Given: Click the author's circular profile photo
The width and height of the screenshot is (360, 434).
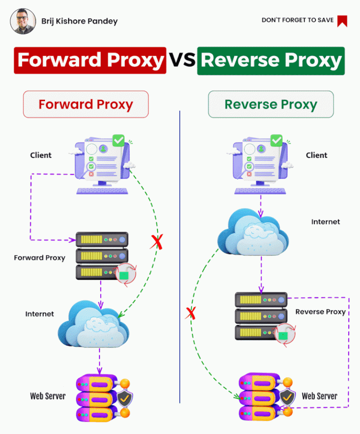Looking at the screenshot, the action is click(23, 21).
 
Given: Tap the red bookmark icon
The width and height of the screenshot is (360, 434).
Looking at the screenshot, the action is click(342, 21).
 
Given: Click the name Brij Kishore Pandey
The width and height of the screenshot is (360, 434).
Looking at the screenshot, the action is click(80, 21).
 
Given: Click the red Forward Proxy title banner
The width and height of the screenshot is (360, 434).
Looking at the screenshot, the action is click(90, 60).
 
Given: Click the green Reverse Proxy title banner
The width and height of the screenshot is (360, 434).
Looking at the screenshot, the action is click(271, 61).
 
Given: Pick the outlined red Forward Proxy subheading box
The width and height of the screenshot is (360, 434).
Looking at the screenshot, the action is click(86, 105).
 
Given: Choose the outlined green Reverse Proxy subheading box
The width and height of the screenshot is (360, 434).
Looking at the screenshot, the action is click(271, 105).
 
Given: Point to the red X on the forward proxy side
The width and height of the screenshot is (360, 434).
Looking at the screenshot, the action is click(157, 242).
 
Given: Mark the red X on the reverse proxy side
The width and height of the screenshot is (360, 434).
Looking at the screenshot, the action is click(190, 313).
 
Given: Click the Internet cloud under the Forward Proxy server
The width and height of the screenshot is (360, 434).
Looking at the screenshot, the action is click(93, 324).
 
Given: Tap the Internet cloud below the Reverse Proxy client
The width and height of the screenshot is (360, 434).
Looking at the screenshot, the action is click(253, 232).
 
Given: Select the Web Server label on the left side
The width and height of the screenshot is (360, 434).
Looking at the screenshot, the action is click(48, 396).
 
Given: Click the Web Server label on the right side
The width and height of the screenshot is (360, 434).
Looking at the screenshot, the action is click(320, 396).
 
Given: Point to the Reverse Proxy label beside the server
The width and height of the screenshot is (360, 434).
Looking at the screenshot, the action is click(321, 312).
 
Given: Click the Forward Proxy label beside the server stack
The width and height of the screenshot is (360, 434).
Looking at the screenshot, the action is click(39, 258).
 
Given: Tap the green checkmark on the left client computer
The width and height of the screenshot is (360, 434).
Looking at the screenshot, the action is click(119, 140).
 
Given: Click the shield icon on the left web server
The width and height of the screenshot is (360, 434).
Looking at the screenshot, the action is click(125, 398).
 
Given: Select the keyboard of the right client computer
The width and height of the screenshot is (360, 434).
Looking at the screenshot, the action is click(260, 191).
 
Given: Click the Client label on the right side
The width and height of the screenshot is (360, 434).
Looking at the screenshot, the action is click(316, 155).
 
